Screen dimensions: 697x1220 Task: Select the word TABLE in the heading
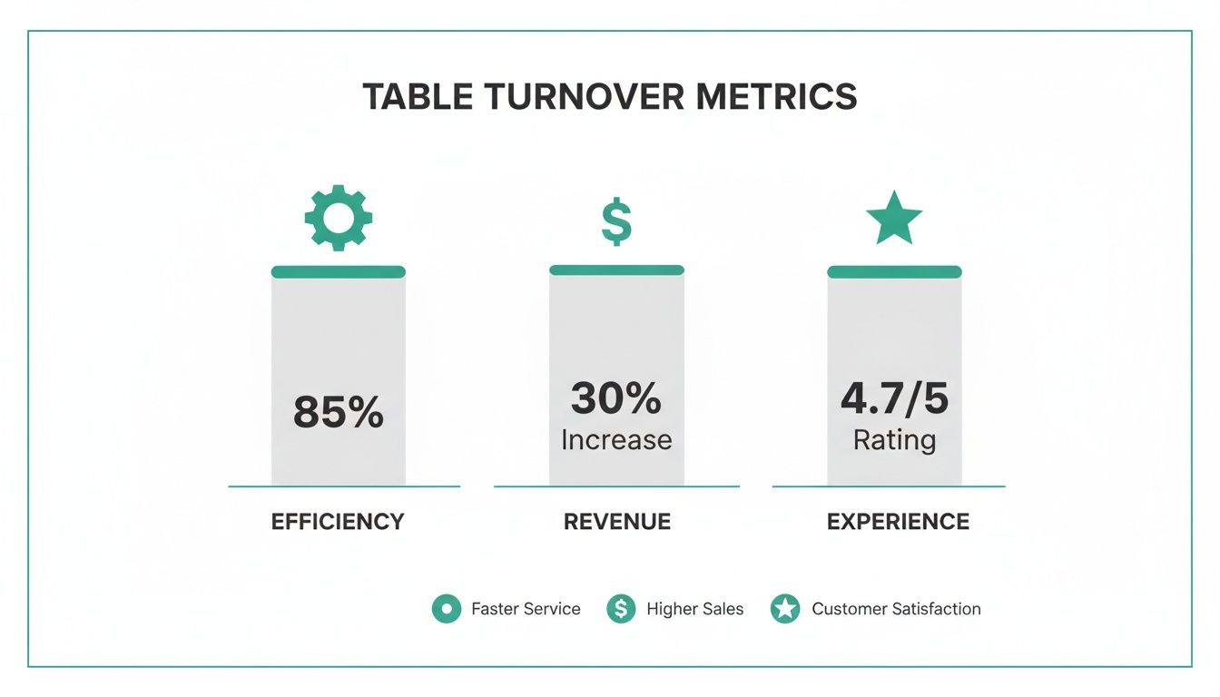pyautogui.click(x=417, y=96)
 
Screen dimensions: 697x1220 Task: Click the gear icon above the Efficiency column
pyautogui.click(x=338, y=218)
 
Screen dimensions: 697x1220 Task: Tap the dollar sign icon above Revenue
pyautogui.click(x=616, y=223)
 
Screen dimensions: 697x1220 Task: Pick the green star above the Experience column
pyautogui.click(x=894, y=219)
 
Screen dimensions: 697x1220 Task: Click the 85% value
pyautogui.click(x=338, y=413)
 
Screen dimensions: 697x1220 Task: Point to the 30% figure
pyautogui.click(x=616, y=398)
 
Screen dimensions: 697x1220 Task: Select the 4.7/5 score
pyautogui.click(x=894, y=398)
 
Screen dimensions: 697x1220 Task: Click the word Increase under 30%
pyautogui.click(x=616, y=440)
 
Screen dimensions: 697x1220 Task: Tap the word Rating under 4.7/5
pyautogui.click(x=894, y=440)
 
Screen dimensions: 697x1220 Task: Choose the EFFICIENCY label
pyautogui.click(x=338, y=522)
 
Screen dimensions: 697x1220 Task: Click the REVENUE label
pyautogui.click(x=617, y=522)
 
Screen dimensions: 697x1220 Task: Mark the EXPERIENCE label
pyautogui.click(x=898, y=522)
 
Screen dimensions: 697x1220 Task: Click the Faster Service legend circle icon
pyautogui.click(x=446, y=609)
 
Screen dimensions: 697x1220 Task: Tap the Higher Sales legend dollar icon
pyautogui.click(x=621, y=609)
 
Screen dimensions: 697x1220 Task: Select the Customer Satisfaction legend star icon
pyautogui.click(x=785, y=609)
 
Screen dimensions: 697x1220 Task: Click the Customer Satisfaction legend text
pyautogui.click(x=896, y=609)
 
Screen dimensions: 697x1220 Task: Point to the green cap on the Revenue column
pyautogui.click(x=616, y=270)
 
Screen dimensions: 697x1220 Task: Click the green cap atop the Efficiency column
pyautogui.click(x=338, y=271)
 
